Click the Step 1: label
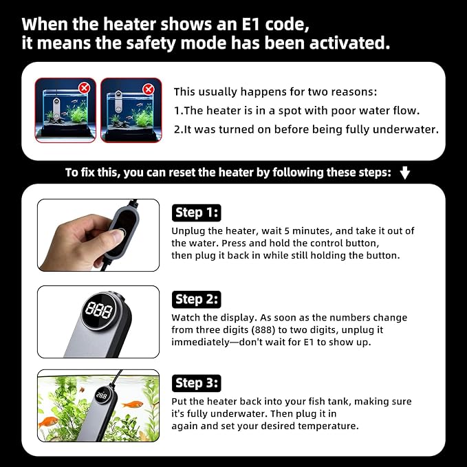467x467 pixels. tap(196, 213)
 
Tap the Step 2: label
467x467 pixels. tap(196, 299)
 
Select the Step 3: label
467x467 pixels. tap(196, 383)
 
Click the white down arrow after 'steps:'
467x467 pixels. tap(404, 173)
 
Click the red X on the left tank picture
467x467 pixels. tap(85, 88)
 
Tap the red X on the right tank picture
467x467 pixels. tap(149, 89)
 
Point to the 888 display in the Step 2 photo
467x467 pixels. tap(99, 310)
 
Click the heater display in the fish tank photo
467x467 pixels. tap(102, 396)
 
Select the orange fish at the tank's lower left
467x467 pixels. tap(49, 422)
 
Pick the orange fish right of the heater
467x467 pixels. tap(133, 404)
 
